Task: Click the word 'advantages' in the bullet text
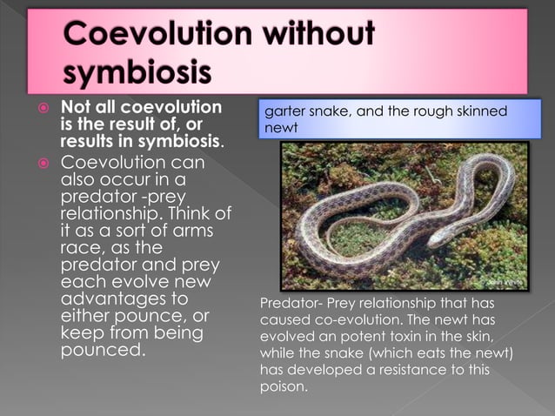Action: point(110,299)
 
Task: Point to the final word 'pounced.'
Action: point(101,352)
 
